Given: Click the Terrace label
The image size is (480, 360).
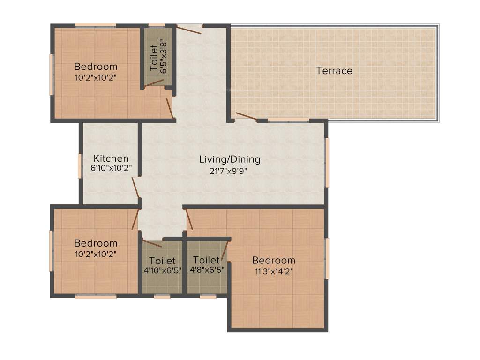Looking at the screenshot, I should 334,71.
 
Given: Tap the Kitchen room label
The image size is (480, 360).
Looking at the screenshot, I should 111,158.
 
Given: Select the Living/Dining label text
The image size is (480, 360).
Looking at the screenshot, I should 230,159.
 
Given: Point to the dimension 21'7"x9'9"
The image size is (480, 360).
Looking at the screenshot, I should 228,171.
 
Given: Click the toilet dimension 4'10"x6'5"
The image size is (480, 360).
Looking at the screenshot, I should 162,270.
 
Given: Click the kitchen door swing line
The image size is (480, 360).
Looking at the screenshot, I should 135,187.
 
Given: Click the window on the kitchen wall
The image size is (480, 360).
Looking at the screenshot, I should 80,165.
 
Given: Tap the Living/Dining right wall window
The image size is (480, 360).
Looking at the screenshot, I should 327,162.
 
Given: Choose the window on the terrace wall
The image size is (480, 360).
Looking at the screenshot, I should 288,120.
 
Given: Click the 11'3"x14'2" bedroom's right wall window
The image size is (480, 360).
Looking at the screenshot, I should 327,258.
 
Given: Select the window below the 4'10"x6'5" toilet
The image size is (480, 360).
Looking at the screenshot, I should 162,296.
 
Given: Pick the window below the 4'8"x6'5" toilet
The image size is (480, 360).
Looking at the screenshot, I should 208,296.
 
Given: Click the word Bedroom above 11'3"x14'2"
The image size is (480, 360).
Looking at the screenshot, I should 274,260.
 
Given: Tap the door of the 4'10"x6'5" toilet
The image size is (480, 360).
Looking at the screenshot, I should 152,244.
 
